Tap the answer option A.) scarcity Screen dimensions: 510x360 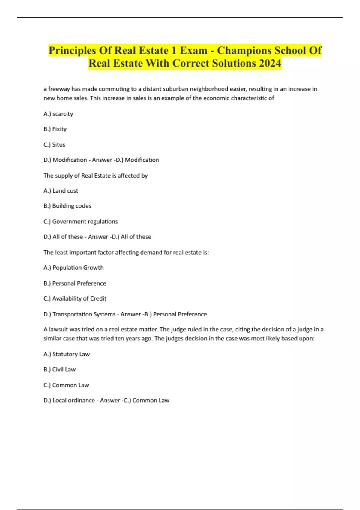click(x=58, y=114)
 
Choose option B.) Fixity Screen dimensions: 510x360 click(x=55, y=129)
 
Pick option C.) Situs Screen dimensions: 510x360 click(x=54, y=145)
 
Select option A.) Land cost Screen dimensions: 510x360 click(x=61, y=191)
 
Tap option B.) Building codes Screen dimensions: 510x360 click(x=67, y=206)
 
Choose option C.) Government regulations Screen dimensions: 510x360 click(x=80, y=222)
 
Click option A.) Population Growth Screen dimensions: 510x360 click(x=73, y=268)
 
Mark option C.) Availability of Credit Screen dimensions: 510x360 click(x=75, y=298)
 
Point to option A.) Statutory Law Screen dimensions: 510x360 click(x=67, y=354)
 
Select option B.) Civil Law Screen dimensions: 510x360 click(x=59, y=370)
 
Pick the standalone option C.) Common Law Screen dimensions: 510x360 click(x=66, y=385)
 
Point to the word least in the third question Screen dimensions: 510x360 click(x=61, y=253)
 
